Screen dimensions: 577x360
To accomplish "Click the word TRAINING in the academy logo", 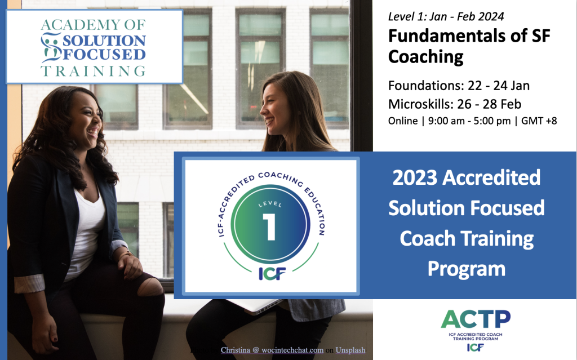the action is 93,71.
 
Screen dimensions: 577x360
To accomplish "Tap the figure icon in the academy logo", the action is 51,47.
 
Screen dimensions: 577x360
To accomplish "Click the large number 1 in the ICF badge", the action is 270,226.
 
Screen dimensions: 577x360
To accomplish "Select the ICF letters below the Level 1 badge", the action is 272,273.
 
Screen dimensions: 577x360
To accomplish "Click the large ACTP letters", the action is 476,319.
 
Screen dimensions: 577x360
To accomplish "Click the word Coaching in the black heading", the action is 426,57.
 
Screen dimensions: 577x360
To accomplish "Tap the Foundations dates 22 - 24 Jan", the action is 499,86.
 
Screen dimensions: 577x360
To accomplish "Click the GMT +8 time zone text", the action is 539,121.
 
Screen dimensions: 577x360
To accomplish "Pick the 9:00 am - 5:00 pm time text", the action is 469,121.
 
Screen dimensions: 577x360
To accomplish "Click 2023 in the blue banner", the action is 415,177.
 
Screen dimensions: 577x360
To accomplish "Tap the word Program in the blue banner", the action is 466,269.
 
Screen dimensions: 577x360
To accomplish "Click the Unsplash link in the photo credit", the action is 350,350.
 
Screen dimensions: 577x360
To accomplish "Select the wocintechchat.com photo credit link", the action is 292,350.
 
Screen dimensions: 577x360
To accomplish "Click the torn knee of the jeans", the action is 150,287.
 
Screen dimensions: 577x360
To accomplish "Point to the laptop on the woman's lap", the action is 254,305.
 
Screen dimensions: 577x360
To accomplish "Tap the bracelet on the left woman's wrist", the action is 126,254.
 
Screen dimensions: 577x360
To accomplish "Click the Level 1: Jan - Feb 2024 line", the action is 446,16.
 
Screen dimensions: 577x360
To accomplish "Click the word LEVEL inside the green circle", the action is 270,205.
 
